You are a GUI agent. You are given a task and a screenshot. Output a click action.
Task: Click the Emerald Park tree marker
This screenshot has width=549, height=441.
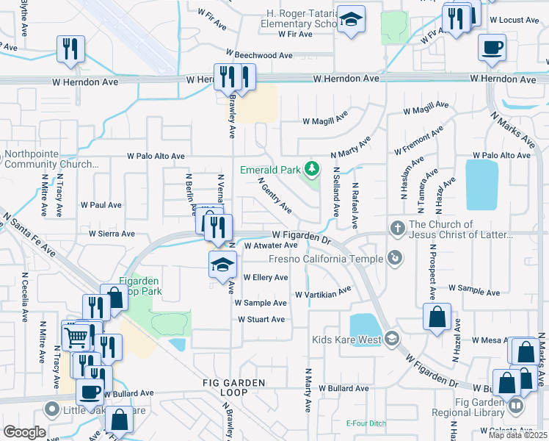coord(313,170)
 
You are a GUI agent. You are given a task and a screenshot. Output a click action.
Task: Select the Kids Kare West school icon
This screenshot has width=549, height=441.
coord(391,339)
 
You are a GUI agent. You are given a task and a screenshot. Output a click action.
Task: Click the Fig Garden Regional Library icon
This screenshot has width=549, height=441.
coord(517,406)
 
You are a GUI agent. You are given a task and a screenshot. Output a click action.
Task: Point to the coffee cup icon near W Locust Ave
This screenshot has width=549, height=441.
coord(492,48)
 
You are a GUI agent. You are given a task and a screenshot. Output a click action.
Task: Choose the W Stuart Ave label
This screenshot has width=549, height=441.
coord(261,320)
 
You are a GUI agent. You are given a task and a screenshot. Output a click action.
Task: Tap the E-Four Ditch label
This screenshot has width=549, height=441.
coord(366,423)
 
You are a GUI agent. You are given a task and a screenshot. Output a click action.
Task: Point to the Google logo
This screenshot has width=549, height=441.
coord(24,432)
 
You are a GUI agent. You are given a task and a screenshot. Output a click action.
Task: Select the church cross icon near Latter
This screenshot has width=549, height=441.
coord(398,227)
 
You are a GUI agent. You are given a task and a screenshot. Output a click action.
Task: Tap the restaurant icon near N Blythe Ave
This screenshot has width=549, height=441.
coord(71,49)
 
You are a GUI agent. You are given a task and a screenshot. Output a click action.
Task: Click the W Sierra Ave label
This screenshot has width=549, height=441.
coord(112,234)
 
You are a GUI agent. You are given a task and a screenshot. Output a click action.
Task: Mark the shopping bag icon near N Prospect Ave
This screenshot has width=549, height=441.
coord(437,317)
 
